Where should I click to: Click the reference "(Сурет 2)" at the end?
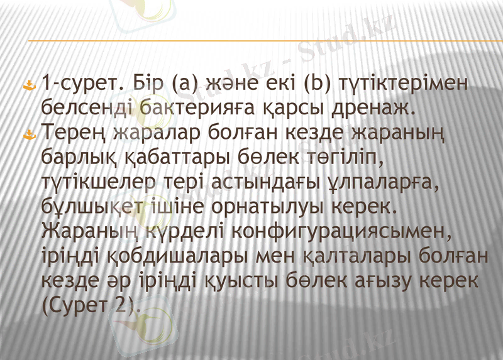[x=88, y=306]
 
